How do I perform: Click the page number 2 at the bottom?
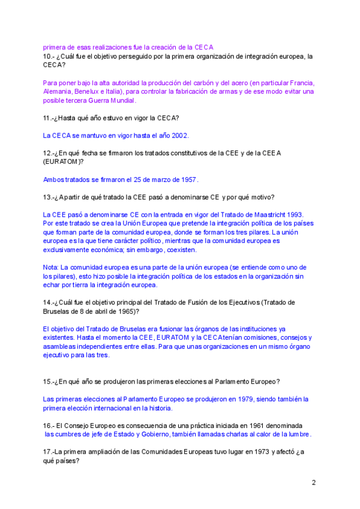(x=313, y=482)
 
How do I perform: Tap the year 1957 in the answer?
(x=188, y=179)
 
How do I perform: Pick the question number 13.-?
(x=49, y=197)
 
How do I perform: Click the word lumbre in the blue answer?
(x=299, y=434)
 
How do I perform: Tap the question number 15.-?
(x=49, y=381)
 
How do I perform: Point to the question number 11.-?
(x=49, y=118)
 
